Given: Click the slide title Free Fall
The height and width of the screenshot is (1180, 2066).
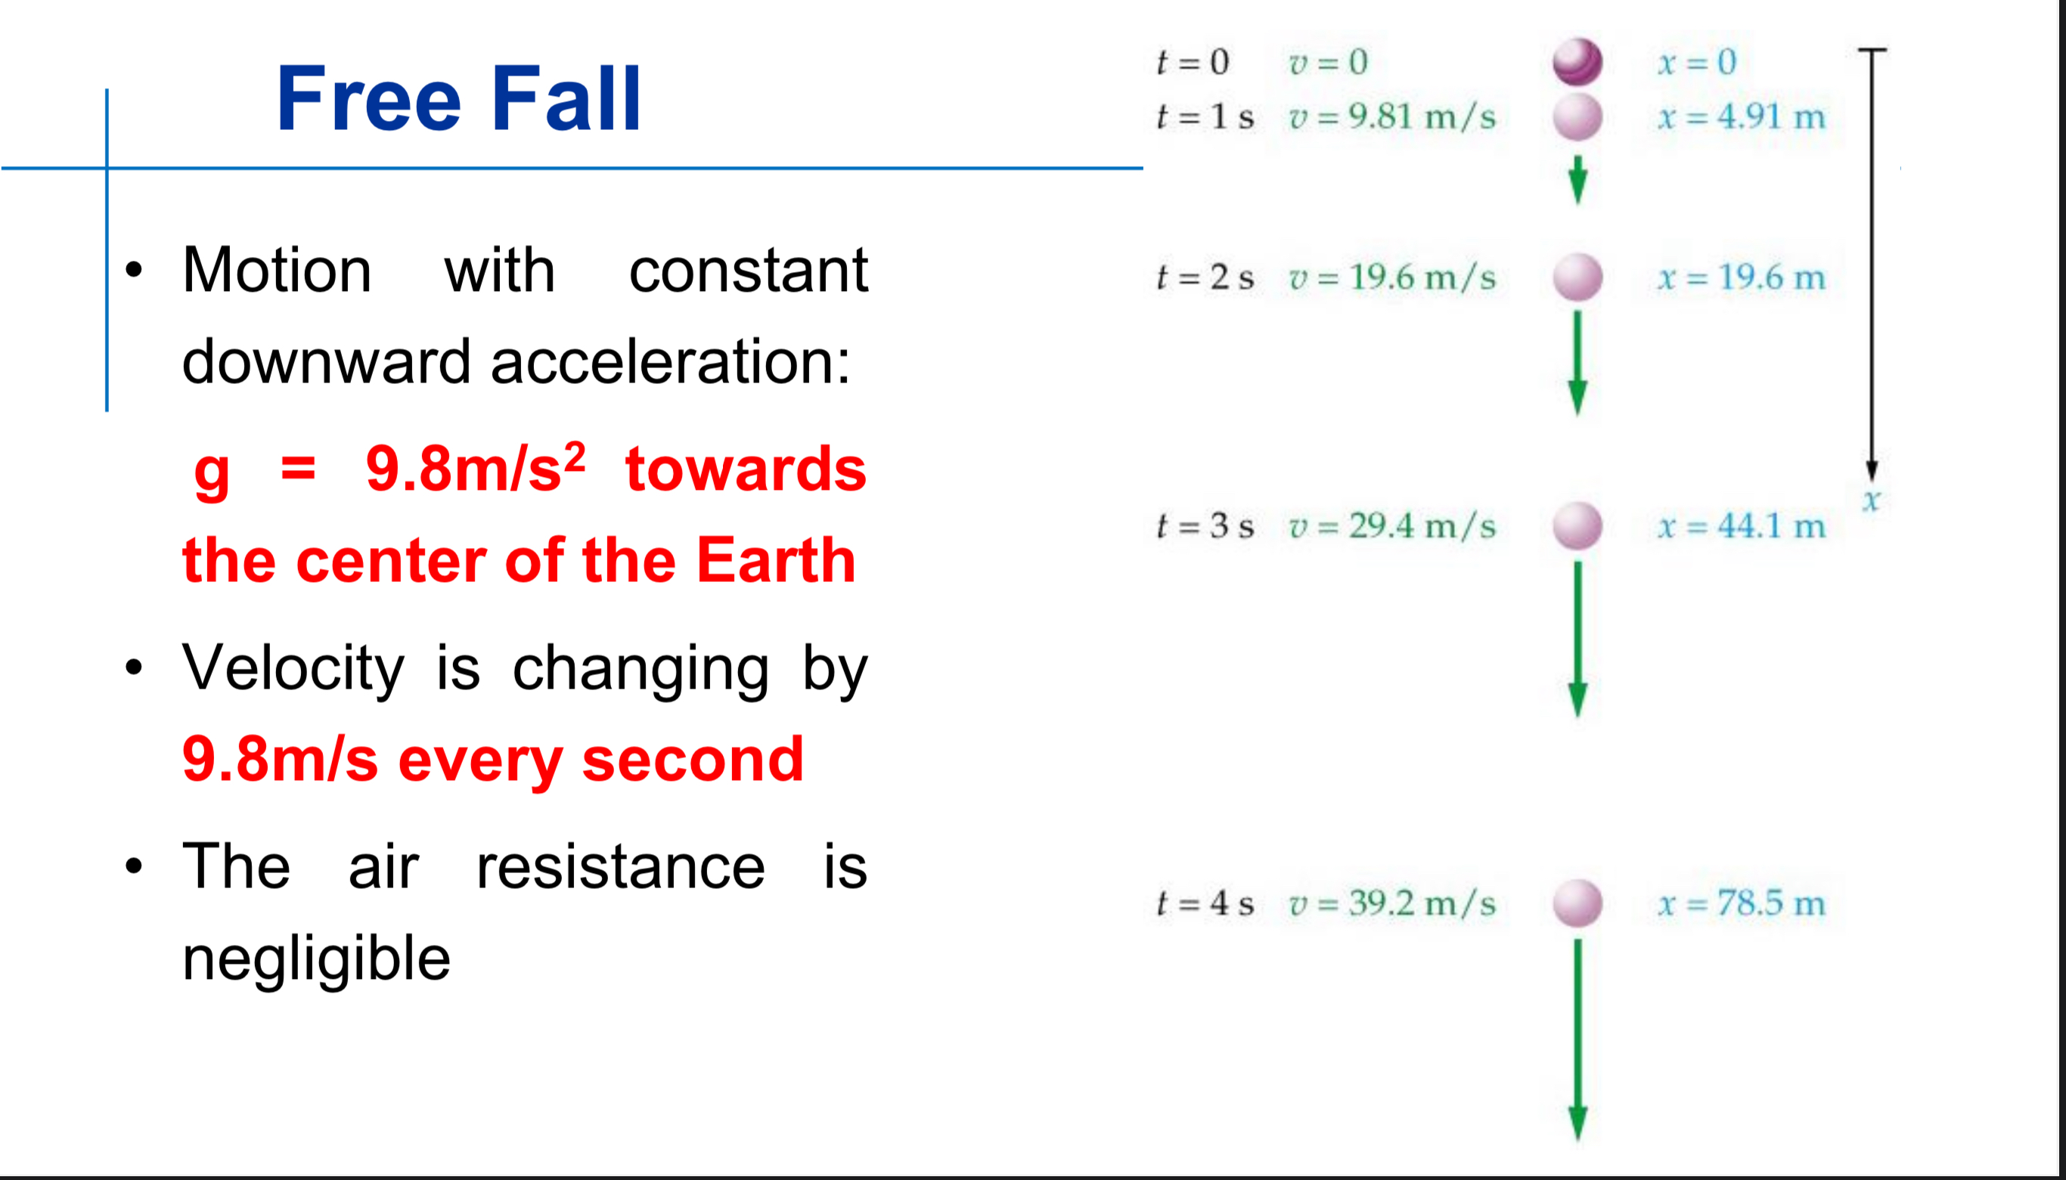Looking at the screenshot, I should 459,99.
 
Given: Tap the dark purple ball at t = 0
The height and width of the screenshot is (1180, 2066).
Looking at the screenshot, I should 1577,61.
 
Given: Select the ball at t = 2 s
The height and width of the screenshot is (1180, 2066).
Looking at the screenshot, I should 1577,277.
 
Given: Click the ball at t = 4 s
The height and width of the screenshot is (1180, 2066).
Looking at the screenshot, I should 1577,903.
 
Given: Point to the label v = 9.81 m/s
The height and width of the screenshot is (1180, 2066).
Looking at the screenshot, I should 1391,116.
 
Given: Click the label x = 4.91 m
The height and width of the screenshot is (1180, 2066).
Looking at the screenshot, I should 1741,116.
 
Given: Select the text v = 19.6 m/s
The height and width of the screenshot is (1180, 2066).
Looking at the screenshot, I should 1391,278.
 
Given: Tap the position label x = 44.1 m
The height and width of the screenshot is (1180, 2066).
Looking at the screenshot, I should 1741,526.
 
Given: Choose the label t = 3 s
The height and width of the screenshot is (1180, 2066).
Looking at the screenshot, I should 1205,526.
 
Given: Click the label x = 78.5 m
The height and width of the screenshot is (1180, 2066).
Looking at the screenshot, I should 1741,903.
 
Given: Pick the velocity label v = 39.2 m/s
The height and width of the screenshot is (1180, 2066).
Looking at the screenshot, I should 1391,903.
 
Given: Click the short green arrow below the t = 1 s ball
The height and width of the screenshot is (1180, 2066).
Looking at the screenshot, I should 1577,180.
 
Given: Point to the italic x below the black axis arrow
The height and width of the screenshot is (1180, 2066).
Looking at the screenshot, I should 1871,500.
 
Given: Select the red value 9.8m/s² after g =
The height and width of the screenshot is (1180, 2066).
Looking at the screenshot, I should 475,469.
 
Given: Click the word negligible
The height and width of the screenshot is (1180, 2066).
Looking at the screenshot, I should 316,959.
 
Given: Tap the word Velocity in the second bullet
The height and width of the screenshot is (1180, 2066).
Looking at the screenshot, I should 293,668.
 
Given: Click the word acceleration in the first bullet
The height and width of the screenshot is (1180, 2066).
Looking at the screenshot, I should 669,361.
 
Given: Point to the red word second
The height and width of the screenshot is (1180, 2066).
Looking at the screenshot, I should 692,760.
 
